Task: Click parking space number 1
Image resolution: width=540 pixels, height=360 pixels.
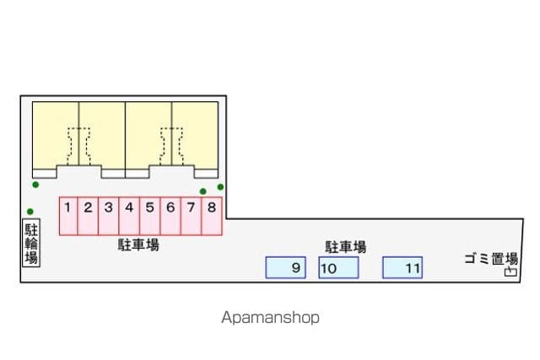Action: [68, 216]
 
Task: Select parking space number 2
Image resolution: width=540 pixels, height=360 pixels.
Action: [88, 216]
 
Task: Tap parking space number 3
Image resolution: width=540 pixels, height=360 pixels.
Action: [109, 216]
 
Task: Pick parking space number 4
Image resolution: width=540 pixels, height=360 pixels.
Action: [129, 216]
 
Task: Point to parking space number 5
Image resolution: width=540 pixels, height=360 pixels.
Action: [150, 216]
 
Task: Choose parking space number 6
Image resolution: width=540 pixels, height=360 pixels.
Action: [170, 216]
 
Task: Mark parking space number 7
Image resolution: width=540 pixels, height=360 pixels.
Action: [192, 216]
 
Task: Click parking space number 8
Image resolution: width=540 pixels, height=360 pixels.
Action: [212, 216]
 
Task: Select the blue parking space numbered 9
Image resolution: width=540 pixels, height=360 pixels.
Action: [285, 267]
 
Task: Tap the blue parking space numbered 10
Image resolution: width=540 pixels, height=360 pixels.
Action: [338, 267]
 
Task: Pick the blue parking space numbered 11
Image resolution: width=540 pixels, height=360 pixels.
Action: [402, 267]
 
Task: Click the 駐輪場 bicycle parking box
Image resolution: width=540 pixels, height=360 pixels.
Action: [31, 243]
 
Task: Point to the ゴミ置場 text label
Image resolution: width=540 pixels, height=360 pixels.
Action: [491, 259]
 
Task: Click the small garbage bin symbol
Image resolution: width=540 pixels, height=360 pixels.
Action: [510, 271]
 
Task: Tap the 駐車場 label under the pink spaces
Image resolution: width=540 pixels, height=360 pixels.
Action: [138, 245]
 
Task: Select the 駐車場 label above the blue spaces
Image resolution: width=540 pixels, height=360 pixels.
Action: [345, 247]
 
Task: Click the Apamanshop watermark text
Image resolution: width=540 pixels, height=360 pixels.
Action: [270, 317]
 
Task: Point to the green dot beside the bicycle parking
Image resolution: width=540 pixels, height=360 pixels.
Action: [30, 212]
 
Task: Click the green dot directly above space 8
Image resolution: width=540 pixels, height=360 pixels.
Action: [203, 191]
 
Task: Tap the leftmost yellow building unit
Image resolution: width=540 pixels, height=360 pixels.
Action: [56, 135]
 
